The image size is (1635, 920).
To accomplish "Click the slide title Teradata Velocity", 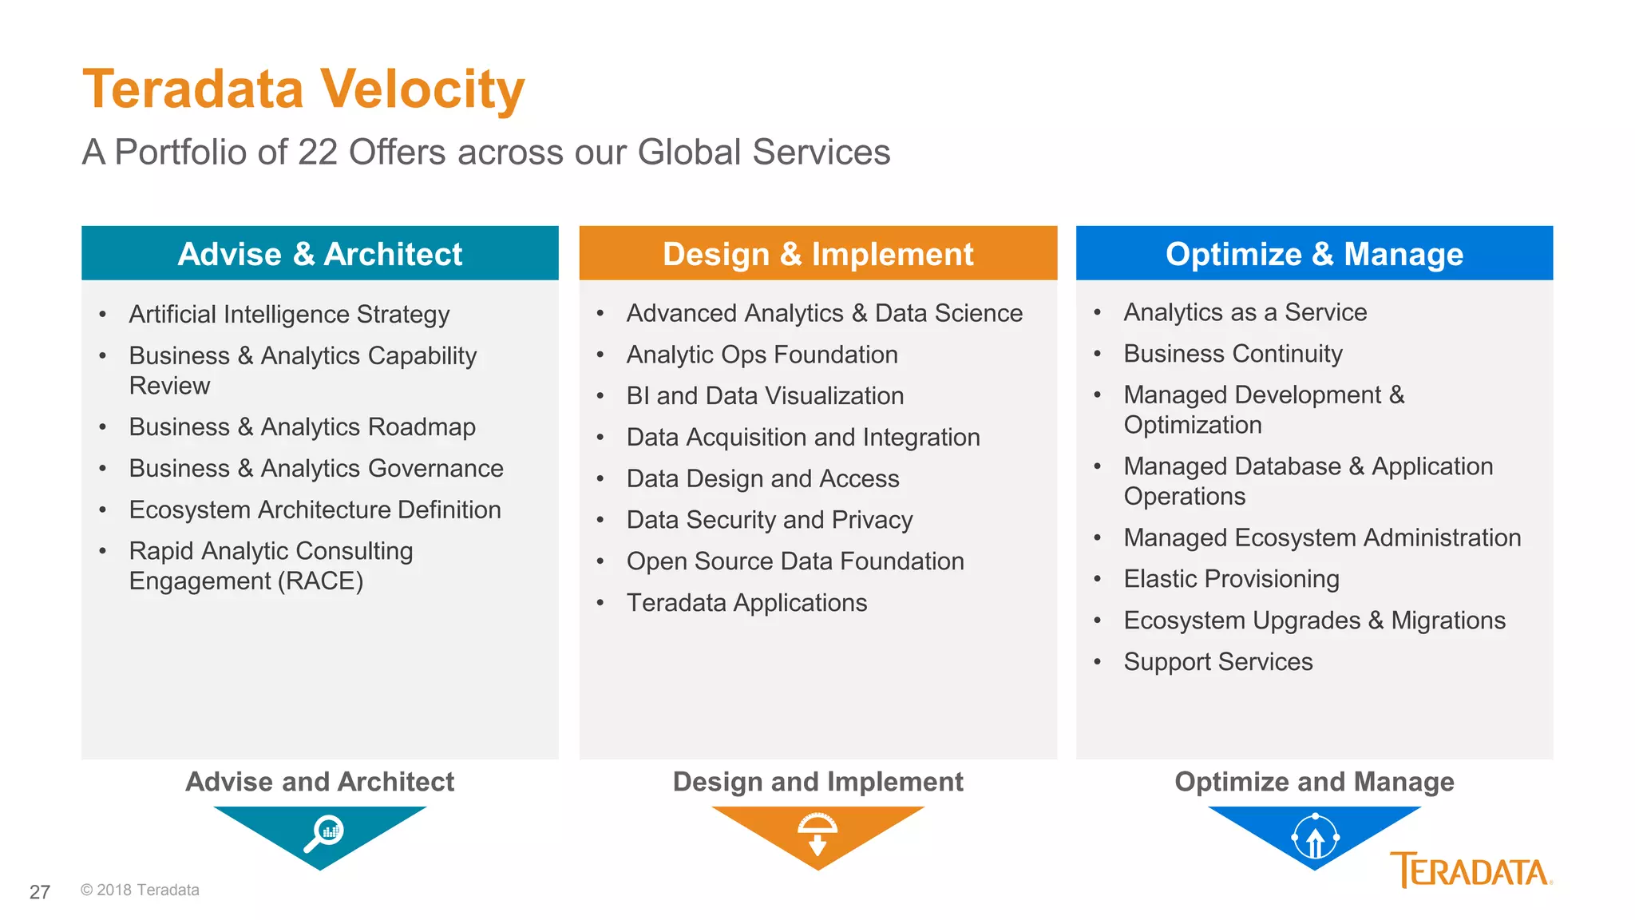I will pos(303,89).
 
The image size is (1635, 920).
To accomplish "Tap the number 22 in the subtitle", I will pos(317,153).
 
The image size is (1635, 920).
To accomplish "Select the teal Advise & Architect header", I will pos(319,254).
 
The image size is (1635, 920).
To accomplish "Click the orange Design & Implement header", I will pos(817,254).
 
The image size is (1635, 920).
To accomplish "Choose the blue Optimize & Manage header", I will pos(1314,254).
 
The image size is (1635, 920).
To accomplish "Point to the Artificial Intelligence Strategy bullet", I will pos(289,315).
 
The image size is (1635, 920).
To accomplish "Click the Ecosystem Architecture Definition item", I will pos(315,510).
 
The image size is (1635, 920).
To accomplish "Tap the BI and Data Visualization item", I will pos(765,396).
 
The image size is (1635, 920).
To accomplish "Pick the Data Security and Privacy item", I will pos(769,520).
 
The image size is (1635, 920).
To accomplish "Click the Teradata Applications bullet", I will pos(746,603).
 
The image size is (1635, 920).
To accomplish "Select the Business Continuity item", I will pos(1233,354).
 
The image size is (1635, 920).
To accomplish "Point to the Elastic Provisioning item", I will pos(1231,579).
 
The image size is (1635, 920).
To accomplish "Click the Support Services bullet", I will pos(1217,662).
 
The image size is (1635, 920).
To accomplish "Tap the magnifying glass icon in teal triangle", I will pos(323,833).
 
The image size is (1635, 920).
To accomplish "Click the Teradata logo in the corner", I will pos(1471,870).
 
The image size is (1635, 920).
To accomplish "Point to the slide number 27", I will pos(40,892).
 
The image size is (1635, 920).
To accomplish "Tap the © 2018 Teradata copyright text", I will pos(140,890).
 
